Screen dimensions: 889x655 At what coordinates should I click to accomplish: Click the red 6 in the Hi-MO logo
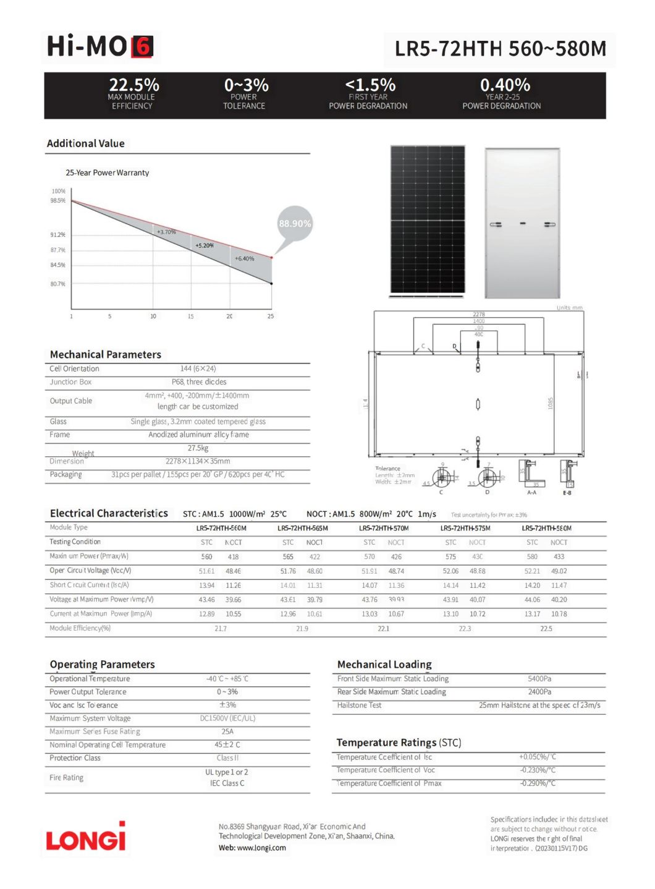142,47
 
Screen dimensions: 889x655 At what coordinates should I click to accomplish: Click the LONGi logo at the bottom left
85,839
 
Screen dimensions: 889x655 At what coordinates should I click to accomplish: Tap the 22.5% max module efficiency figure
133,85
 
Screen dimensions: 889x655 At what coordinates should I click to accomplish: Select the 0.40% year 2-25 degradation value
504,85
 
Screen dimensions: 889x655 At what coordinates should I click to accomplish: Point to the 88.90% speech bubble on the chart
295,223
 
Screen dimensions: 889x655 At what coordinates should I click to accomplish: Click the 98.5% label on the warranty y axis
58,200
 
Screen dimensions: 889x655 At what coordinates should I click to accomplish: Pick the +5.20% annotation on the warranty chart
205,245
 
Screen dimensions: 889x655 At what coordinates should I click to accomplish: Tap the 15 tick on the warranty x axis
190,316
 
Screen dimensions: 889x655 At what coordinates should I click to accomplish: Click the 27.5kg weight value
198,448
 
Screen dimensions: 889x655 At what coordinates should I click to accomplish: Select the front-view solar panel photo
427,219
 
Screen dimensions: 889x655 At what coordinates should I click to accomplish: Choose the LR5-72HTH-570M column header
383,528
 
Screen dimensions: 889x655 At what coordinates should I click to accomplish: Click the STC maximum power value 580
532,556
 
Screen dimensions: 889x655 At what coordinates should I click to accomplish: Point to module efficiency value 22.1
383,628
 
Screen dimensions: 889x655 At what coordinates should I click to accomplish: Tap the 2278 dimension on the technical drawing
478,314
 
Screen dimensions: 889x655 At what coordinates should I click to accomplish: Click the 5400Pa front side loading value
539,678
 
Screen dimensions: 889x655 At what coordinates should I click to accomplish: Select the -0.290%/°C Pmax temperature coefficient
537,783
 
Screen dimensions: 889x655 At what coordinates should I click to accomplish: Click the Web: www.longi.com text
252,848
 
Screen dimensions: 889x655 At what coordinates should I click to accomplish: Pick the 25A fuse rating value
227,731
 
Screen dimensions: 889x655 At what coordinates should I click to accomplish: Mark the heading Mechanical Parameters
106,354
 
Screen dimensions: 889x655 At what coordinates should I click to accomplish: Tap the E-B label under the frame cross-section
567,493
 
